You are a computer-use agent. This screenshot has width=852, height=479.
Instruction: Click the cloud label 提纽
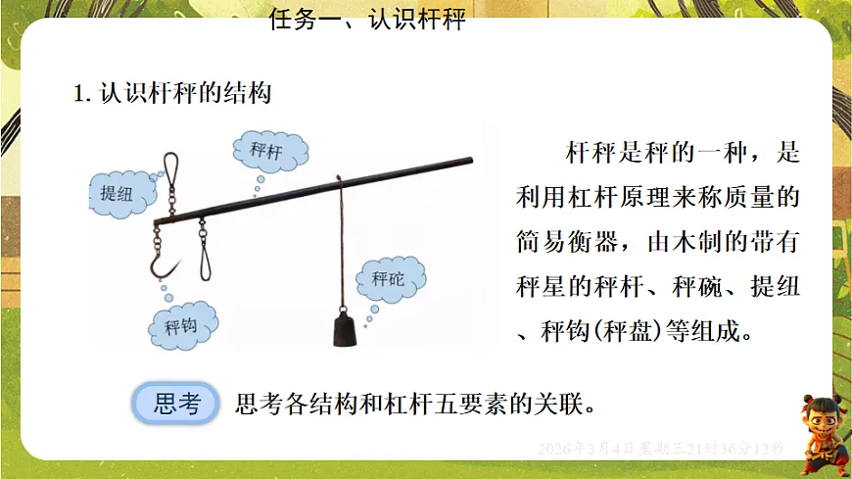[117, 190]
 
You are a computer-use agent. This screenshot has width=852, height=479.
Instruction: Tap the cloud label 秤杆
[265, 151]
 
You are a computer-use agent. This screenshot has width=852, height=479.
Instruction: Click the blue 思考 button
[176, 403]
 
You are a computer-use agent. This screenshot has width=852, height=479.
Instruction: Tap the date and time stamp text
[662, 448]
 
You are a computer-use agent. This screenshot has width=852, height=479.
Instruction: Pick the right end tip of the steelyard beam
[469, 159]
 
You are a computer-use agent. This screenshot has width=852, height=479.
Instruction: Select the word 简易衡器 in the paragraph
[565, 241]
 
